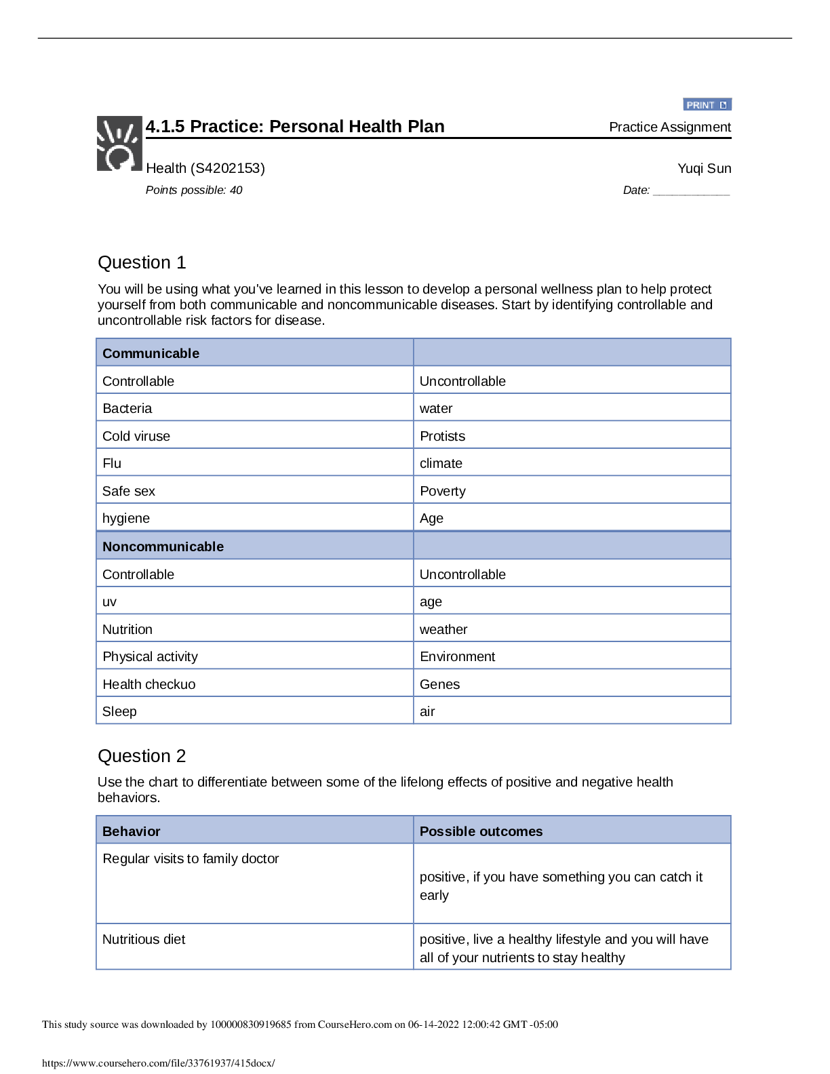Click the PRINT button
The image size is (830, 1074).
point(707,105)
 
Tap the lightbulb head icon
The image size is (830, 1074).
point(119,143)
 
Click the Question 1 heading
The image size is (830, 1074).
point(142,263)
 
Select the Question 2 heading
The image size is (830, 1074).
point(142,756)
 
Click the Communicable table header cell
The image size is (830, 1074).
point(254,353)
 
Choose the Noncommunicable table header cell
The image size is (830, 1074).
point(254,546)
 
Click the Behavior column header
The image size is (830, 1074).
point(254,831)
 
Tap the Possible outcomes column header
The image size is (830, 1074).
point(572,831)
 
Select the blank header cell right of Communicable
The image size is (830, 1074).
point(572,353)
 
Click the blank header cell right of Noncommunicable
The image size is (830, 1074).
point(572,546)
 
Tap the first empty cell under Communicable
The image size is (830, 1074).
point(254,380)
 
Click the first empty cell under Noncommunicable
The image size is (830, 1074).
point(254,574)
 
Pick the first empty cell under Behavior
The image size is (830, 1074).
point(254,883)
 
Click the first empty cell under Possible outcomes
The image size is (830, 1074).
point(572,883)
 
